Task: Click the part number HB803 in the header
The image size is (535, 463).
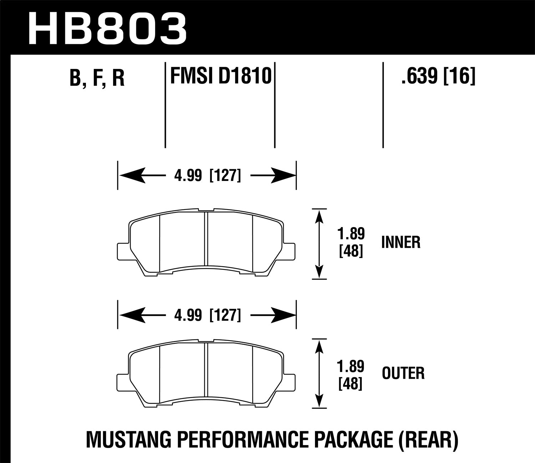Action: tap(107, 29)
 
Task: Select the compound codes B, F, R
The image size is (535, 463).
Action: tap(97, 78)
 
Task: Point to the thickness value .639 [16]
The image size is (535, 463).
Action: tap(438, 76)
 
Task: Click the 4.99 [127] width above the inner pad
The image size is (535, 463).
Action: tap(207, 176)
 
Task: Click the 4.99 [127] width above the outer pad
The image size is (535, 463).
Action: tap(207, 315)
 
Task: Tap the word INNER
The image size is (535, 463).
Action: tap(401, 242)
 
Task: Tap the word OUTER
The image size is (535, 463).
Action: tap(403, 374)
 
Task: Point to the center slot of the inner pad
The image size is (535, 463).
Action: tap(206, 239)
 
